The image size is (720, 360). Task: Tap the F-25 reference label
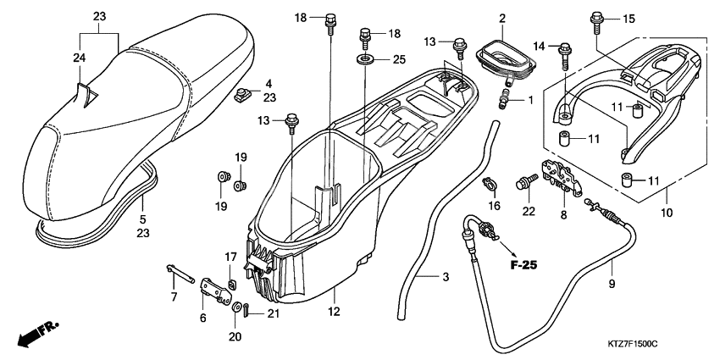tap(525, 265)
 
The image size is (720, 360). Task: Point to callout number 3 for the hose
tap(445, 277)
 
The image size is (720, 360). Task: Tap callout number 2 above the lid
tap(501, 18)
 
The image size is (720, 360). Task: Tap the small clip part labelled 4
tap(243, 94)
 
